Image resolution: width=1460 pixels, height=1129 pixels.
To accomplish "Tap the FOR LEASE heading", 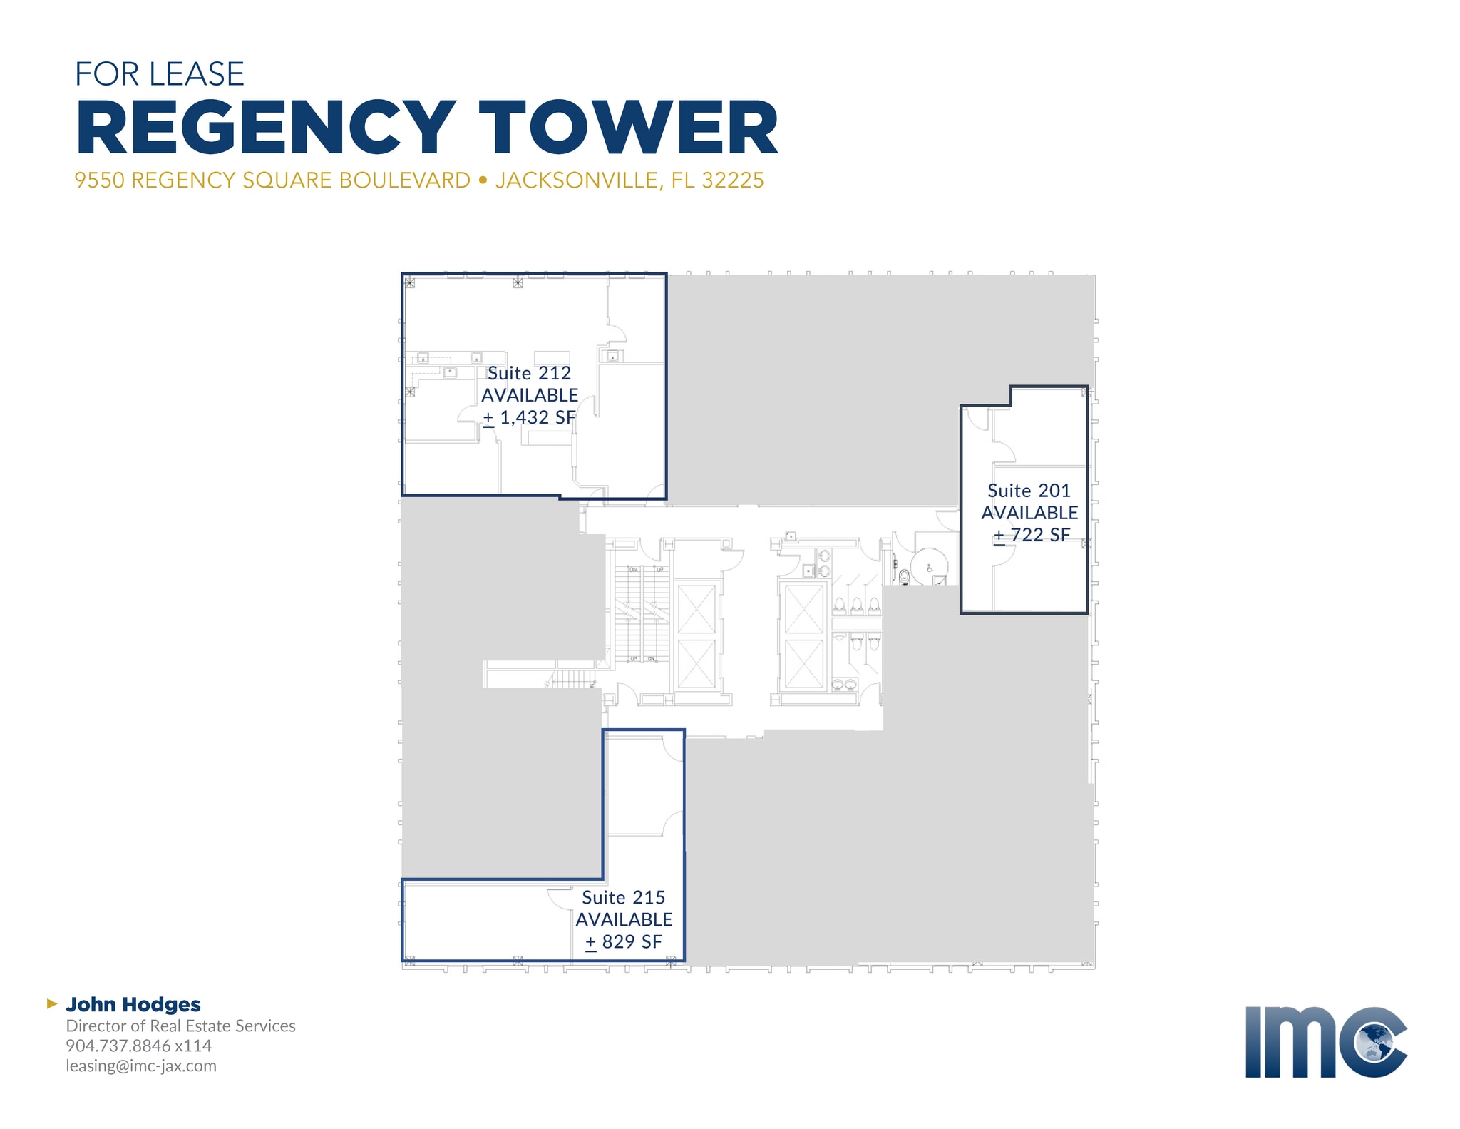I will pos(160,74).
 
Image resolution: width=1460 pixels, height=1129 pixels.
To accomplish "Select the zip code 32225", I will pos(733,180).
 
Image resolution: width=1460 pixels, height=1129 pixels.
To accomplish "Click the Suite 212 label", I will pos(529,373).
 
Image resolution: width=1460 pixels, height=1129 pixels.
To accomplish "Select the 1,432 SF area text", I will pos(537,417).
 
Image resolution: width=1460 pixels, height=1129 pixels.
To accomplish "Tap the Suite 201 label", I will pos(1029,491).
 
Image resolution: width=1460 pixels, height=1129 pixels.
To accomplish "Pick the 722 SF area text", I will pos(1040,535).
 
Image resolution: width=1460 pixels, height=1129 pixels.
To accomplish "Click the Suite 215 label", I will pos(623,897).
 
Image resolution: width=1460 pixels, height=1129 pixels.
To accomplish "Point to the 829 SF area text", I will pos(632,941).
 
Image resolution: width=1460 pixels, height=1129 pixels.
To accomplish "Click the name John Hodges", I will pos(133,1004).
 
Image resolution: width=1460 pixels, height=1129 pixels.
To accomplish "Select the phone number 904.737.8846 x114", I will pos(139,1046).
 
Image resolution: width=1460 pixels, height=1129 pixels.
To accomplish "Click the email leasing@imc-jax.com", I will pos(141,1066).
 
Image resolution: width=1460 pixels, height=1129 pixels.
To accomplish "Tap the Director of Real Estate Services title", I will pos(180,1026).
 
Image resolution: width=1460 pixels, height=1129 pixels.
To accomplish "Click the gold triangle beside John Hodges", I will pos(51,1003).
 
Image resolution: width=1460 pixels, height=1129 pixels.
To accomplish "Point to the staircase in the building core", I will pos(642,613).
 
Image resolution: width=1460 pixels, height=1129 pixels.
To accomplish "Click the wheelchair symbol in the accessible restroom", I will pos(930,568).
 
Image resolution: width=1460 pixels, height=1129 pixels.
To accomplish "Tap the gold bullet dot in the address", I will pos(483,180).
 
